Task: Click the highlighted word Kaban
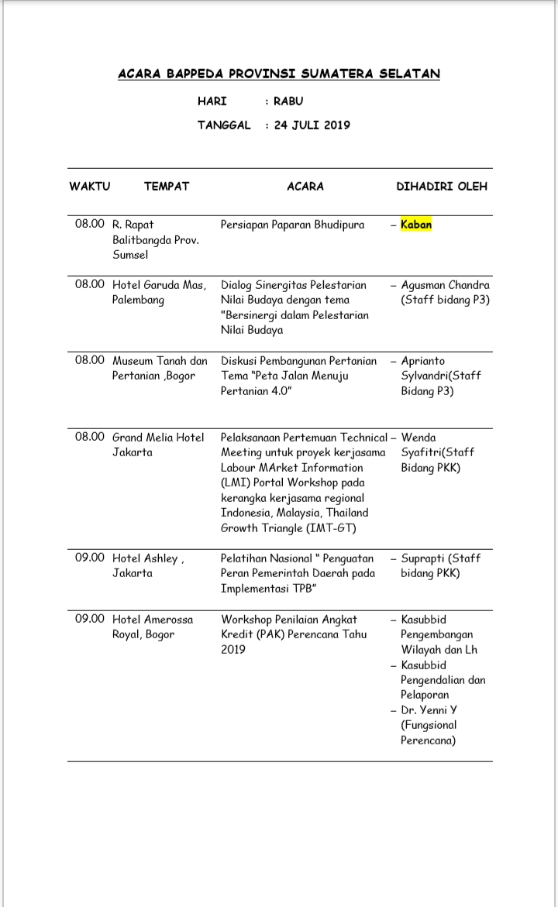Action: (416, 225)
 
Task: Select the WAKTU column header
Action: (90, 186)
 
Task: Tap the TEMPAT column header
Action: (166, 186)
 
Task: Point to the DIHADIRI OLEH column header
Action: (442, 186)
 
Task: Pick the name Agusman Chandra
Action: (445, 285)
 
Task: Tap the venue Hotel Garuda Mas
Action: (159, 285)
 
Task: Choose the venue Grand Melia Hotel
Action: (158, 437)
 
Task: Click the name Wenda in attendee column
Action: (418, 437)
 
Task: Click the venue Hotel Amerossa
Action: (153, 620)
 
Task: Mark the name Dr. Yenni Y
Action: (429, 710)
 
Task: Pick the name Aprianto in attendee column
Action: (423, 360)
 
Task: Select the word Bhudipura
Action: (339, 225)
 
